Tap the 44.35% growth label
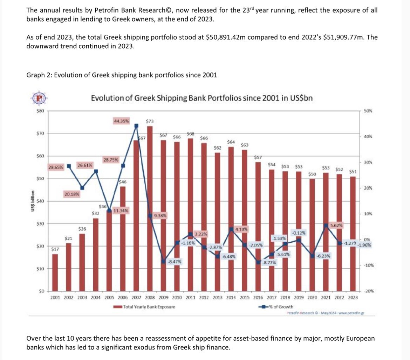pos(121,121)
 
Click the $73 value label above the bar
pos(150,122)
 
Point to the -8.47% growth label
pos(174,261)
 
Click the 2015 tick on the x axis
pos(245,298)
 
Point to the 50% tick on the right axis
pos(368,111)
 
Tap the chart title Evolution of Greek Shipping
pos(201,98)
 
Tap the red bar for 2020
pos(312,235)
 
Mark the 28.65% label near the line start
pos(56,167)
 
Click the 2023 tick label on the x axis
pos(353,298)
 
